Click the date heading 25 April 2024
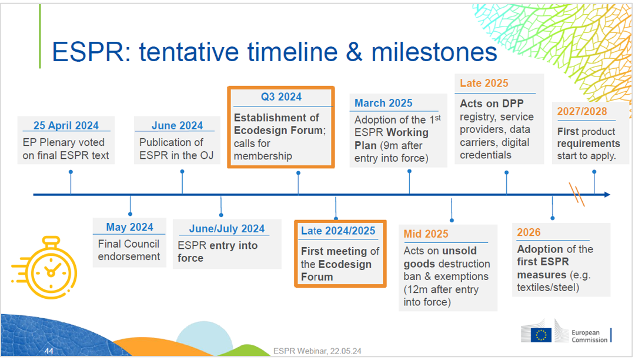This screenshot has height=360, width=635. (x=65, y=125)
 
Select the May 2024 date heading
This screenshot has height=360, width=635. (x=129, y=227)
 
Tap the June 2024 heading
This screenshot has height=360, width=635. (x=177, y=125)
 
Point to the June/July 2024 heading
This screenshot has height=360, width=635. (x=227, y=228)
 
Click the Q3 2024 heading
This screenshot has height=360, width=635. (x=281, y=97)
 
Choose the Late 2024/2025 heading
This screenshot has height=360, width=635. (x=338, y=231)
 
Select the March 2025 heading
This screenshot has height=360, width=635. (x=383, y=103)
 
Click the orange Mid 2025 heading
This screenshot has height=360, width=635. (x=426, y=234)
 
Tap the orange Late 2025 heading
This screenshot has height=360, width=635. (x=484, y=84)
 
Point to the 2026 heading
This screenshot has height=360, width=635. (x=529, y=232)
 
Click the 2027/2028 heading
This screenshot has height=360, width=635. (x=582, y=112)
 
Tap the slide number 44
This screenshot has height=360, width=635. (x=50, y=351)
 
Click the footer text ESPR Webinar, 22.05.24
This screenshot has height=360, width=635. (x=317, y=351)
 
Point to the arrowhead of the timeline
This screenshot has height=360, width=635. (x=607, y=195)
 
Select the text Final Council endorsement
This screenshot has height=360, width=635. (x=129, y=250)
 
